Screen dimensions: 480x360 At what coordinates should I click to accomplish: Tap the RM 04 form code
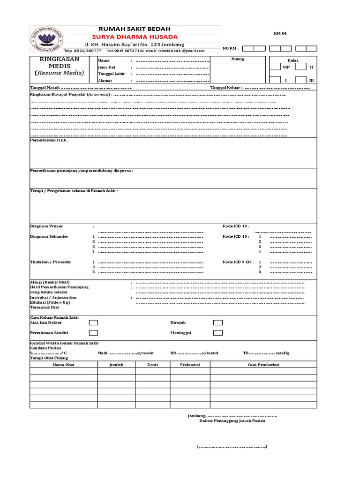280,34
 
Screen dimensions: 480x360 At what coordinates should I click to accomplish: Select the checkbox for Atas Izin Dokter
94,322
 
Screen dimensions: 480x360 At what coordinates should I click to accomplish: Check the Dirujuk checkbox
217,322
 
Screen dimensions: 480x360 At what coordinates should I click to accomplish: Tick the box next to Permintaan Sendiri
94,333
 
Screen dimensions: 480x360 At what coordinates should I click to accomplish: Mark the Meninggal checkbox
217,333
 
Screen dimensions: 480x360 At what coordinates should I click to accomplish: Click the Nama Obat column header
63,364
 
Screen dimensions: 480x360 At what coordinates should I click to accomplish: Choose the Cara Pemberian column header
263,364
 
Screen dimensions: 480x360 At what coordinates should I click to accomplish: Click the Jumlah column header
117,364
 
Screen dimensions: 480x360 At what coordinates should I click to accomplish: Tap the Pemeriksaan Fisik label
49,140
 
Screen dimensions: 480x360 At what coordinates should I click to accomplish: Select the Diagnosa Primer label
46,226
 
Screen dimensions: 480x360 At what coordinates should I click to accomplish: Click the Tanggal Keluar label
226,88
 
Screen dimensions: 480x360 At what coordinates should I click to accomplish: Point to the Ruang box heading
238,59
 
